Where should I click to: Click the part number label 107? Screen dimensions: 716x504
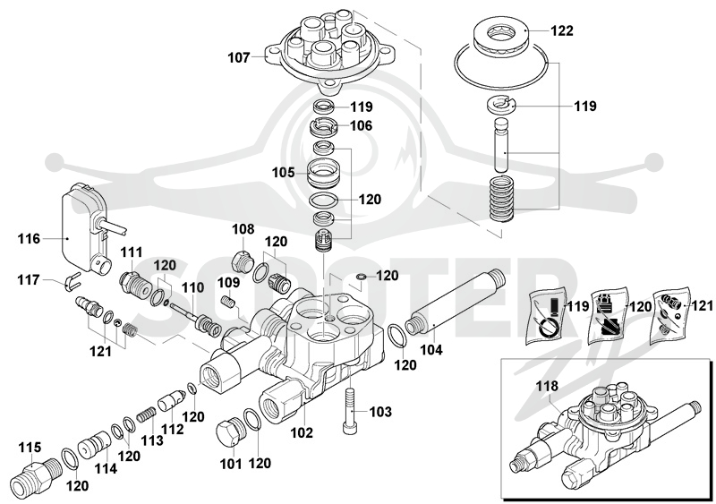[239, 58]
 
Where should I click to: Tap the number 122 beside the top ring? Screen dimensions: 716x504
[562, 30]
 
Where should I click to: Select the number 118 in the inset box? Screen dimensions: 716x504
[548, 386]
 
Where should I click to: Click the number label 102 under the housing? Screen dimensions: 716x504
[302, 432]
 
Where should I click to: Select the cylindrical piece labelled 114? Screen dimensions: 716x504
[94, 445]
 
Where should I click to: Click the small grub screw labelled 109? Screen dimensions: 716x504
[227, 302]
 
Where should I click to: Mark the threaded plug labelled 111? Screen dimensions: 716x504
[135, 284]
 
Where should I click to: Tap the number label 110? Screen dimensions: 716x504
[193, 287]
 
